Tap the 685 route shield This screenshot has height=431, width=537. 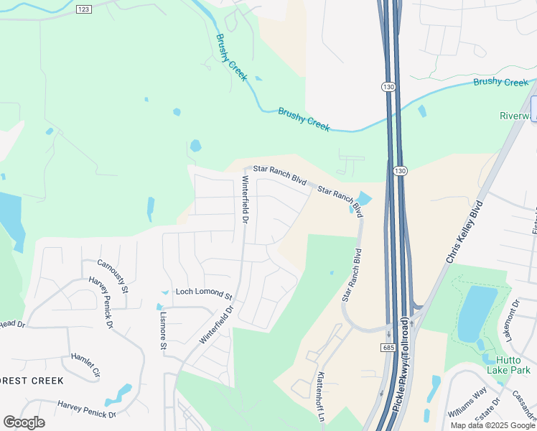388,347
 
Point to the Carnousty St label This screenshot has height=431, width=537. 112,276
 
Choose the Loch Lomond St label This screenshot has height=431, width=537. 205,295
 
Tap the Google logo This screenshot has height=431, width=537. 24,422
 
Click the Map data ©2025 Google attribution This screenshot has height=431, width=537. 492,425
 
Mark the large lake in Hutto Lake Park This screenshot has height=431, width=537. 473,313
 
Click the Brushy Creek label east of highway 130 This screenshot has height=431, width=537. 500,82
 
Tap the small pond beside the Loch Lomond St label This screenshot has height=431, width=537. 165,292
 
